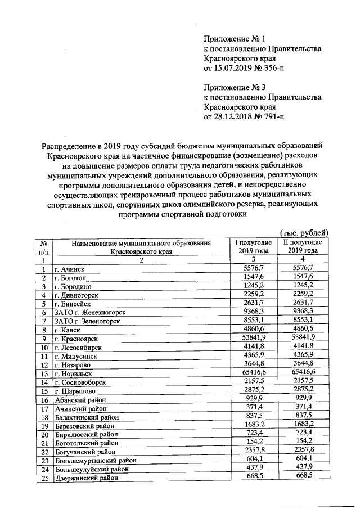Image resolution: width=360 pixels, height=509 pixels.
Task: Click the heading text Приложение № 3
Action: click(234, 87)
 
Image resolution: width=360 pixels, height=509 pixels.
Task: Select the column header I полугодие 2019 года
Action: click(253, 246)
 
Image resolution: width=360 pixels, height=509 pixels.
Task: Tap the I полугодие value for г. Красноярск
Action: click(253, 337)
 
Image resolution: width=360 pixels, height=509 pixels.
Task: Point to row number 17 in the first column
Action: click(43, 408)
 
